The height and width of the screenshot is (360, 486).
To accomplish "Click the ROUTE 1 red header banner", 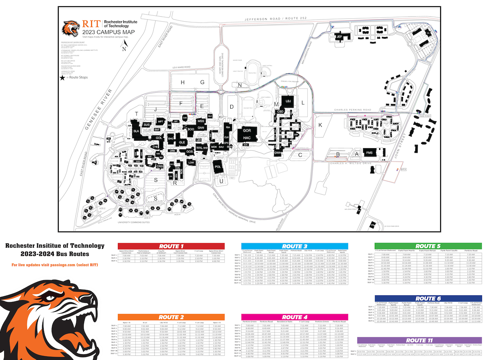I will tap(171, 246).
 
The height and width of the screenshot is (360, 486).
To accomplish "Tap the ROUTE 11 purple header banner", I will tap(422, 340).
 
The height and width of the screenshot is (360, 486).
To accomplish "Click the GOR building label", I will tap(247, 130).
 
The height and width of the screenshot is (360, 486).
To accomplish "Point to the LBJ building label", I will tap(288, 101).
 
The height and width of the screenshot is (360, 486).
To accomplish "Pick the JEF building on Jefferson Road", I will tap(339, 37).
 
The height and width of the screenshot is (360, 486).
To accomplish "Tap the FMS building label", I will tap(369, 153).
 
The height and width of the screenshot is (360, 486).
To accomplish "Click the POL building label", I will tap(218, 166).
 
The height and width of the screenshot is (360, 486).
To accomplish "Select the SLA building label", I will tap(136, 131).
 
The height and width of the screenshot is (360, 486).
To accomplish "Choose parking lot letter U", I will tap(221, 181).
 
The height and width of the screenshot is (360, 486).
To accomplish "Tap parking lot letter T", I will tap(136, 114).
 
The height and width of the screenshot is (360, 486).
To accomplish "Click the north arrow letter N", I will tap(124, 49).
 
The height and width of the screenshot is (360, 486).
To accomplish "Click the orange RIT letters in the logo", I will tap(91, 24).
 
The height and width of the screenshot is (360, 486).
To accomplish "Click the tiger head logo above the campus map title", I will tap(70, 28).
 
